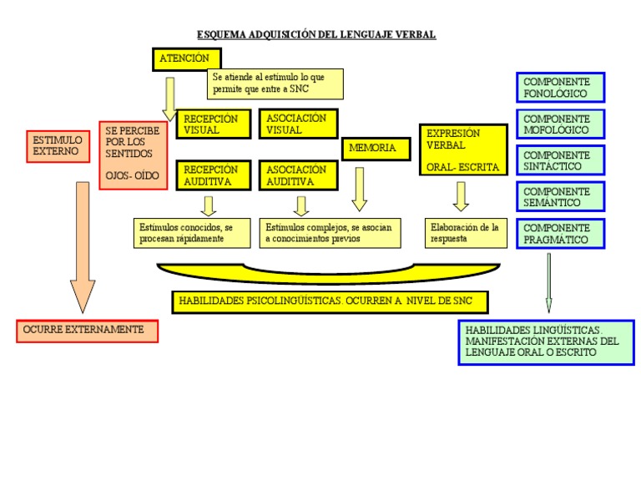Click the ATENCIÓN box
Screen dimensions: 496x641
[x=187, y=59]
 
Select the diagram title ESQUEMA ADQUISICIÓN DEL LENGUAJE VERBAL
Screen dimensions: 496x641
[x=316, y=35]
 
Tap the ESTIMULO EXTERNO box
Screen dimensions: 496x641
[x=58, y=146]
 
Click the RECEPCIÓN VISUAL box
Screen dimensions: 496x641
[x=214, y=124]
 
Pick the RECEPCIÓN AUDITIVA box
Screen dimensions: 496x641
[x=214, y=175]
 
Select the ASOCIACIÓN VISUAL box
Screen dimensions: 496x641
[x=298, y=124]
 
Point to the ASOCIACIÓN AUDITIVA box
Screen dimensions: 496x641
[x=298, y=175]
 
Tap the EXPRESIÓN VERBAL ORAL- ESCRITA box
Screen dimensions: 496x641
[x=463, y=150]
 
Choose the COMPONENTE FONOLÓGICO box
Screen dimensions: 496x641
[x=561, y=88]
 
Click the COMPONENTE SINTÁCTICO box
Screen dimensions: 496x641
[x=561, y=160]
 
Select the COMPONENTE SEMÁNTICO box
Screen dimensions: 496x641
[x=561, y=197]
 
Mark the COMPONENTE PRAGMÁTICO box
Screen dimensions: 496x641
[x=561, y=234]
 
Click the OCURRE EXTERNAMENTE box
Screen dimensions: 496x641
[x=87, y=331]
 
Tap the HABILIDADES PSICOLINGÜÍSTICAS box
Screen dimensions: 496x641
[x=330, y=301]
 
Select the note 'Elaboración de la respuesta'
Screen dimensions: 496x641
[x=466, y=233]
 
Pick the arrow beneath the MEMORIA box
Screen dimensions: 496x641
[x=360, y=189]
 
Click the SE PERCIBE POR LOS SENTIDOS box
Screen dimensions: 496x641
[x=133, y=154]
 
